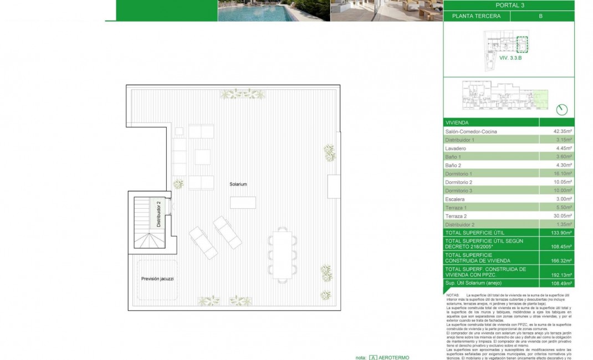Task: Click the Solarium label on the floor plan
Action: click(239, 184)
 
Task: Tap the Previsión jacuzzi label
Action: click(157, 279)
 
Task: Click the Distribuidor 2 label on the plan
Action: click(159, 214)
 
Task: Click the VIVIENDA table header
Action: click(457, 122)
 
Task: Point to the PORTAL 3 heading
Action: click(509, 6)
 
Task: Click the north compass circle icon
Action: click(562, 109)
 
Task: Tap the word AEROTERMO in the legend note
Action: click(394, 357)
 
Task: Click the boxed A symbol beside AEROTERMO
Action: click(374, 357)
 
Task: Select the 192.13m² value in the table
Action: click(562, 272)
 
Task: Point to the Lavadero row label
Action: click(456, 148)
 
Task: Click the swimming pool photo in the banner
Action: click(274, 11)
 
